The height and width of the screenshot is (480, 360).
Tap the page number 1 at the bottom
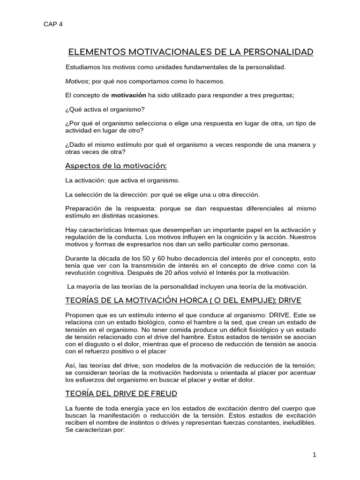pyautogui.click(x=315, y=455)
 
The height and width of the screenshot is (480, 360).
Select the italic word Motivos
pyautogui.click(x=76, y=81)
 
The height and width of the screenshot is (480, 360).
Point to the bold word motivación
pyautogui.click(x=128, y=95)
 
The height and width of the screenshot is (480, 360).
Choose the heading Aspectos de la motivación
pyautogui.click(x=115, y=166)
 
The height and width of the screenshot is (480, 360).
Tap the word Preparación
pyautogui.click(x=84, y=208)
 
